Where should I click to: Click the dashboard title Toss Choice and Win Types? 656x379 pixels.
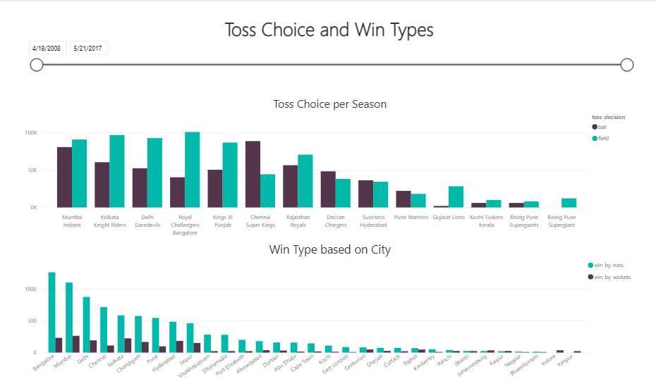329,30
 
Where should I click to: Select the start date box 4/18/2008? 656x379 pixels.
46,48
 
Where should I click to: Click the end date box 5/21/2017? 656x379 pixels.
88,48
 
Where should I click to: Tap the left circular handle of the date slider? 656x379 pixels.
37,65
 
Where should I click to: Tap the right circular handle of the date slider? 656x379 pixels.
626,65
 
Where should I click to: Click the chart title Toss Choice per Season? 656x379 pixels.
329,104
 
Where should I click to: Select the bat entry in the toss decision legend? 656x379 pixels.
602,127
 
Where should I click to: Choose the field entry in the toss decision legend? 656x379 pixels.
603,138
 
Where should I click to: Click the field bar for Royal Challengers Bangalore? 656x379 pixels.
192,170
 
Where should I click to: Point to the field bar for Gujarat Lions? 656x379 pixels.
456,197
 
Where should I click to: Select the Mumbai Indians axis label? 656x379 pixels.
72,221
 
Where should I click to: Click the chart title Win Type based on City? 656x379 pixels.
329,249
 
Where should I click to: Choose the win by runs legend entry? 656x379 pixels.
608,266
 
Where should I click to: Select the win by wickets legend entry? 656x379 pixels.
611,277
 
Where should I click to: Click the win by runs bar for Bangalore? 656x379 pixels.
51,312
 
